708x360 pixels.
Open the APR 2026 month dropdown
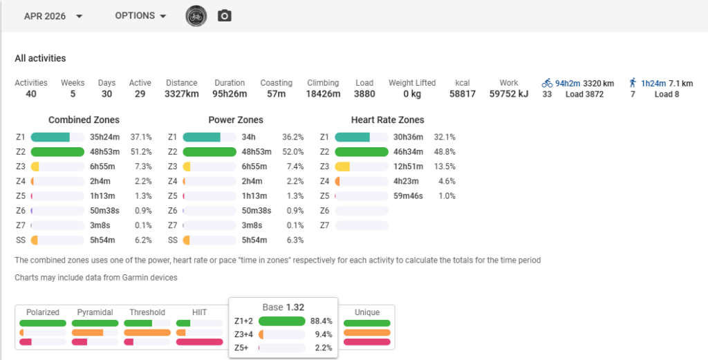(53, 17)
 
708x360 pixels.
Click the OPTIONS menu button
(140, 16)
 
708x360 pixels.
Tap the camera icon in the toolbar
(225, 17)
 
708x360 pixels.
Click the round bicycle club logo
(196, 17)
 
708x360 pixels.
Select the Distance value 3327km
(182, 94)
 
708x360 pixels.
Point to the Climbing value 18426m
(323, 94)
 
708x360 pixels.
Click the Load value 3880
(364, 94)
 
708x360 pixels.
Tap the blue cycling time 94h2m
(568, 83)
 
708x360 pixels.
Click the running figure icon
(633, 82)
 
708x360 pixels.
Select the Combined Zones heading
(84, 120)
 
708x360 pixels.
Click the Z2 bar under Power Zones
(209, 151)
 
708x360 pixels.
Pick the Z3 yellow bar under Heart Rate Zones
(342, 167)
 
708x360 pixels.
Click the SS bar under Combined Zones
(35, 240)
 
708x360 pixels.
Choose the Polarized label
(43, 312)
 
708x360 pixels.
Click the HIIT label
(200, 312)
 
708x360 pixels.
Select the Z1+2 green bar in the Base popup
(282, 321)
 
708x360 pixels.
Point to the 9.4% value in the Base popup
(322, 334)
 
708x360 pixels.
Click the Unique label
(367, 312)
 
